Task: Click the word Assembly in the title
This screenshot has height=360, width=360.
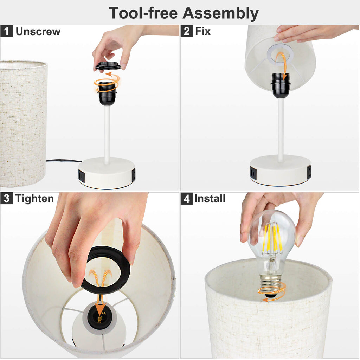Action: [x=220, y=13]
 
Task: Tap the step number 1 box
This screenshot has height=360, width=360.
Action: [x=7, y=31]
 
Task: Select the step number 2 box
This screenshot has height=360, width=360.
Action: [x=187, y=31]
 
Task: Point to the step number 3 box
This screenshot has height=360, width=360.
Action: [x=7, y=198]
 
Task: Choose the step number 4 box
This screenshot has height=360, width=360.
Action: [x=187, y=198]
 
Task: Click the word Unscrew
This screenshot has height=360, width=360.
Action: [x=38, y=31]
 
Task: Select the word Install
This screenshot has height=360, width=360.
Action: [x=210, y=199]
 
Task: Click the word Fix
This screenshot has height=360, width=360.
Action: [x=203, y=31]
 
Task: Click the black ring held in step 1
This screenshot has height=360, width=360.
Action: [x=108, y=65]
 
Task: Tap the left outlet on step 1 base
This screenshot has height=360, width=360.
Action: [x=82, y=175]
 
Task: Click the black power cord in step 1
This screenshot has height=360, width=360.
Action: [x=64, y=160]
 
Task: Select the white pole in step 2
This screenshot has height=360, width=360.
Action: [x=281, y=130]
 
